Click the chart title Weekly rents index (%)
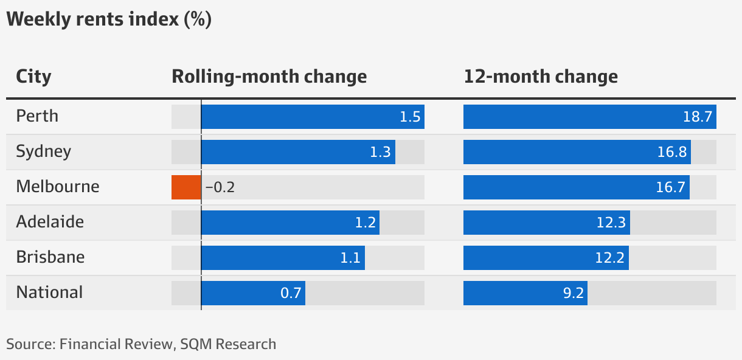pyautogui.click(x=108, y=19)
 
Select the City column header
pyautogui.click(x=33, y=77)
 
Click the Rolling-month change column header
pyautogui.click(x=269, y=77)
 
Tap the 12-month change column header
pyautogui.click(x=540, y=77)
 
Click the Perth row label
pyautogui.click(x=37, y=116)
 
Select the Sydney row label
pyautogui.click(x=43, y=151)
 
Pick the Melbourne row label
pyautogui.click(x=57, y=187)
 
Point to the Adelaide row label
pyautogui.click(x=50, y=222)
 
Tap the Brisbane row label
pyautogui.click(x=50, y=257)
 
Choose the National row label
pyautogui.click(x=49, y=292)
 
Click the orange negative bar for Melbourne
pyautogui.click(x=186, y=187)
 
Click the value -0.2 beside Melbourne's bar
pyautogui.click(x=220, y=187)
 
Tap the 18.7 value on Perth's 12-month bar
pyautogui.click(x=697, y=117)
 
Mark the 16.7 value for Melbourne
pyautogui.click(x=671, y=187)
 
